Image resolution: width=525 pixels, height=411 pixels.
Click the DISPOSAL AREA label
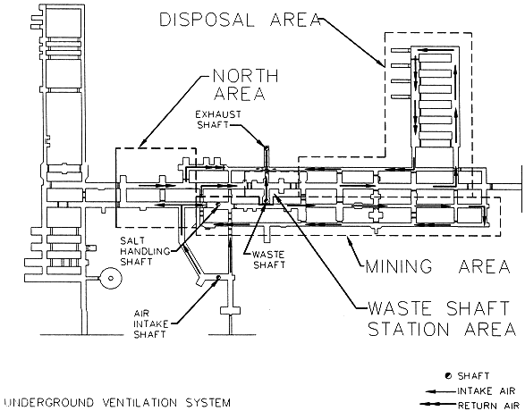click(x=241, y=20)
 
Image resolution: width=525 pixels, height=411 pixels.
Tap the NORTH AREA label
click(x=246, y=85)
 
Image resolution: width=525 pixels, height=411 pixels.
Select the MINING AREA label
click(x=438, y=266)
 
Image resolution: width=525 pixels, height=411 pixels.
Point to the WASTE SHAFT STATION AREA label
click(x=442, y=319)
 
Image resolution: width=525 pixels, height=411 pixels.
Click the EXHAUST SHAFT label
click(x=218, y=120)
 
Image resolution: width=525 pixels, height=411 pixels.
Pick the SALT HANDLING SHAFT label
click(x=145, y=251)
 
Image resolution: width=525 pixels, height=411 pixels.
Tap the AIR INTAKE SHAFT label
click(x=150, y=324)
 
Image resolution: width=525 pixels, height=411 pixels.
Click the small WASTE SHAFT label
click(x=269, y=260)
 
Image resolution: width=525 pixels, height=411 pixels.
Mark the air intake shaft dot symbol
click(x=218, y=277)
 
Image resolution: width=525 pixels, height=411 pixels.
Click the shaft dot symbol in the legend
click(x=448, y=376)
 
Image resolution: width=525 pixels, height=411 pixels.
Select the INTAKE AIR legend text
click(x=486, y=391)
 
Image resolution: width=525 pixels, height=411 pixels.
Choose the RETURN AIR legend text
click(x=488, y=406)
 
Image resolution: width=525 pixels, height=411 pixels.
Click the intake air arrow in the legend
click(x=441, y=391)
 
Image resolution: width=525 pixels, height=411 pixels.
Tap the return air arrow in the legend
click(x=438, y=406)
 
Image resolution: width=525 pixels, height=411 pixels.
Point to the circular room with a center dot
click(x=111, y=278)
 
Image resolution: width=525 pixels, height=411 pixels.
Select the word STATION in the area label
click(x=409, y=330)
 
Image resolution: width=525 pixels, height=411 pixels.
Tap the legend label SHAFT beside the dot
click(x=473, y=376)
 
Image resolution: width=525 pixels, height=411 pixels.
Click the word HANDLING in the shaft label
click(x=145, y=251)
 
